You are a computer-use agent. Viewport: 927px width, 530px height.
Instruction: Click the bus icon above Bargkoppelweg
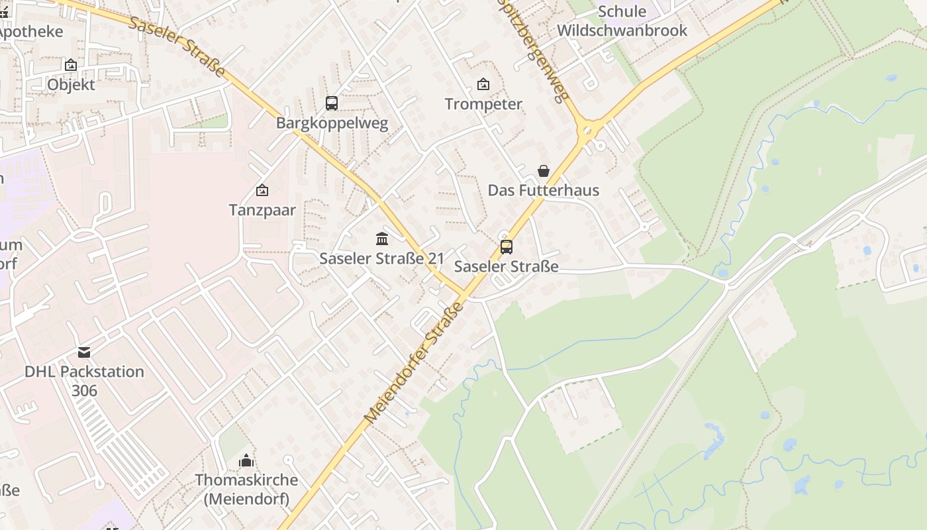[x=332, y=103]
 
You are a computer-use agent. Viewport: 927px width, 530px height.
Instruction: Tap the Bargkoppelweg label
[x=332, y=123]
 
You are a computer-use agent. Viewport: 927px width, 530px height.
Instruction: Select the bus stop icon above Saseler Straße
[x=507, y=247]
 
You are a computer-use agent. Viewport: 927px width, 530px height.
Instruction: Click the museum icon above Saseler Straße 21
[x=382, y=238]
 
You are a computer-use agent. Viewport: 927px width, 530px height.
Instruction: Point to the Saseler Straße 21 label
[x=381, y=258]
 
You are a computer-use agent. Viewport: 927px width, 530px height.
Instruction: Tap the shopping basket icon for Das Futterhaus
[x=544, y=171]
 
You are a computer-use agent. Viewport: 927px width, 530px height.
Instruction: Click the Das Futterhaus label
[x=543, y=190]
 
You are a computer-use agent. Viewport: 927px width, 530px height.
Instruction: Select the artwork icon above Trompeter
[x=483, y=84]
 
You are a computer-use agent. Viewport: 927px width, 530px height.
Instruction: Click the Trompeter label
[x=483, y=104]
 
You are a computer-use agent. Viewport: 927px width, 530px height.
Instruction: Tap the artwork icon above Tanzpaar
[x=262, y=191]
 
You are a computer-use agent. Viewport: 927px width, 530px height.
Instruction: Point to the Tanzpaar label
[x=262, y=210]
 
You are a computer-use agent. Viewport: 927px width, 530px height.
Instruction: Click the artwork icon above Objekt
[x=71, y=65]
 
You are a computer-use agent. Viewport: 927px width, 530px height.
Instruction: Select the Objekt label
[x=71, y=85]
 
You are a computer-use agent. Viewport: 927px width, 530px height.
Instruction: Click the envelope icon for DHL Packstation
[x=84, y=352]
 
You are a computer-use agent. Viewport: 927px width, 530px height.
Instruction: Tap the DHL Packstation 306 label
[x=84, y=381]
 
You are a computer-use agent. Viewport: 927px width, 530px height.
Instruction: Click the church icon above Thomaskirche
[x=246, y=460]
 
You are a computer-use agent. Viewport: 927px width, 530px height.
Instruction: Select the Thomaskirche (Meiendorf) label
[x=246, y=489]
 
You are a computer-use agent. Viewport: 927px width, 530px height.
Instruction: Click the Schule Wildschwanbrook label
[x=622, y=21]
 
